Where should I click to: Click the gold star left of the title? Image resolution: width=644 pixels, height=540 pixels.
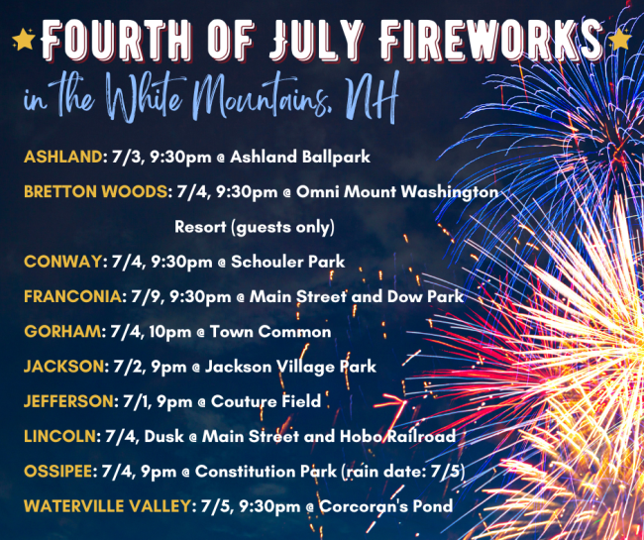pos(24,40)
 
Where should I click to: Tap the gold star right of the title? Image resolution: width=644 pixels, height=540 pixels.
pos(620,40)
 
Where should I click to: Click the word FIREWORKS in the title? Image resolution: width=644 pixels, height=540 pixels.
pos(490,41)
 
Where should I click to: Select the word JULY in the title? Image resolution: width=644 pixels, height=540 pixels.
pos(317,41)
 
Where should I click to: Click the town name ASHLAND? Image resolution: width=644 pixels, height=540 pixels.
pos(62,157)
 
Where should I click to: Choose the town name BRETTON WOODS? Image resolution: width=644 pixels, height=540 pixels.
pos(96,192)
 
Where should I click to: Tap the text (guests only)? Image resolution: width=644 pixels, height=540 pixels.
pos(283,228)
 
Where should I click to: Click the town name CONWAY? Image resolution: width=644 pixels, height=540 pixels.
pos(62,262)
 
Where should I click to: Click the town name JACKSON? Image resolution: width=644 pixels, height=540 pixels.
pos(64,367)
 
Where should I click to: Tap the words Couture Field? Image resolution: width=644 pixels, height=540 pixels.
pos(266,401)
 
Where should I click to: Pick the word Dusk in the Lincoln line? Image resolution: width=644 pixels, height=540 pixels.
pos(163,436)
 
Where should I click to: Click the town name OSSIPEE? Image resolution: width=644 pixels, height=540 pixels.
pos(57,471)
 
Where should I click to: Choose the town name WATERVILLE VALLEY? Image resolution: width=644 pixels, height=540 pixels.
pos(108,506)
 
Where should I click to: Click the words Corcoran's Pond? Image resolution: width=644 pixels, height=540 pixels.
pos(386,506)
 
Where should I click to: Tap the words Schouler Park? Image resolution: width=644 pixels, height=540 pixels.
pos(288,262)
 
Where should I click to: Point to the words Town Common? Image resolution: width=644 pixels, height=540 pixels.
pos(270,332)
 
